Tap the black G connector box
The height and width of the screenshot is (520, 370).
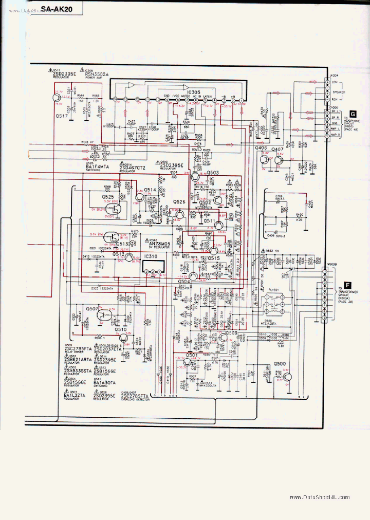click(353, 114)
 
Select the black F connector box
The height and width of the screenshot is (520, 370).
click(348, 284)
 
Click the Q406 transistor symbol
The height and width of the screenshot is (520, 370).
click(265, 159)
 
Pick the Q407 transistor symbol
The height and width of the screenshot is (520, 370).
click(278, 160)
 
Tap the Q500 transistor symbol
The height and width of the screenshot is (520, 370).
click(286, 377)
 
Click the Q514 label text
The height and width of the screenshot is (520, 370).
click(150, 190)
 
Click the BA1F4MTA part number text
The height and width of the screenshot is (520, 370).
click(98, 167)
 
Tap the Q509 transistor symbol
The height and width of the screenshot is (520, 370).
click(221, 338)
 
